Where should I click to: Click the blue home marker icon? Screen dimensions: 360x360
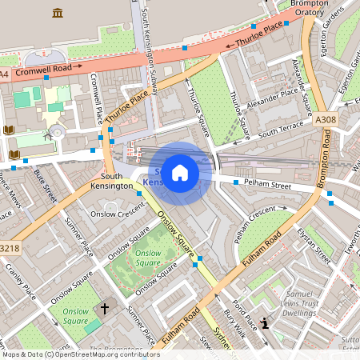coord(180,173)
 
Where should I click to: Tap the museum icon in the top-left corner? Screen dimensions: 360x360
coord(57,13)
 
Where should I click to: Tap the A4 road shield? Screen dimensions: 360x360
coord(5,74)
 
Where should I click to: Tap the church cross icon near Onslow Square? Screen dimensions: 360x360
coord(103,308)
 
